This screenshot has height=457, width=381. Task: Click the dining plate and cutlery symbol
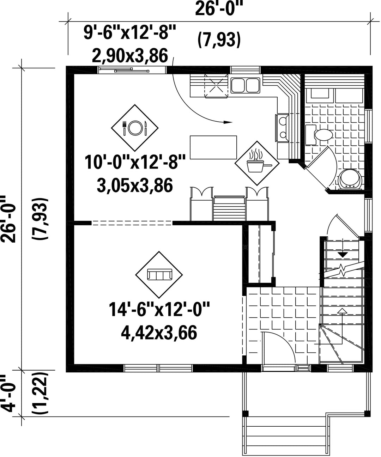pyautogui.click(x=134, y=128)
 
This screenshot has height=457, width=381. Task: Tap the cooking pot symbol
pyautogui.click(x=257, y=163)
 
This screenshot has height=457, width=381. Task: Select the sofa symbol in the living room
pyautogui.click(x=159, y=275)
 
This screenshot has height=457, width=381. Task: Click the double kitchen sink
pyautogui.click(x=245, y=86)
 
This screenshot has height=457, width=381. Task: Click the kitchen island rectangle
pyautogui.click(x=213, y=147)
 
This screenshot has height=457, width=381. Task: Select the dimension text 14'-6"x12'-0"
pyautogui.click(x=159, y=309)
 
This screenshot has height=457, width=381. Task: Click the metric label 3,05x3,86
pyautogui.click(x=135, y=185)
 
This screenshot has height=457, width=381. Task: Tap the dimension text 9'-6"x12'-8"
pyautogui.click(x=130, y=32)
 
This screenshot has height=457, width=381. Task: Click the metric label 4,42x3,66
pyautogui.click(x=159, y=333)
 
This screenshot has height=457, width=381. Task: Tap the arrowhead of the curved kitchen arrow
pyautogui.click(x=228, y=122)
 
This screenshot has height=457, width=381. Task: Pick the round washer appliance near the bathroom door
pyautogui.click(x=350, y=179)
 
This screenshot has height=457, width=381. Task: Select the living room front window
pyautogui.click(x=158, y=368)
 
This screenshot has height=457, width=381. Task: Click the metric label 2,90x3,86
pyautogui.click(x=130, y=56)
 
